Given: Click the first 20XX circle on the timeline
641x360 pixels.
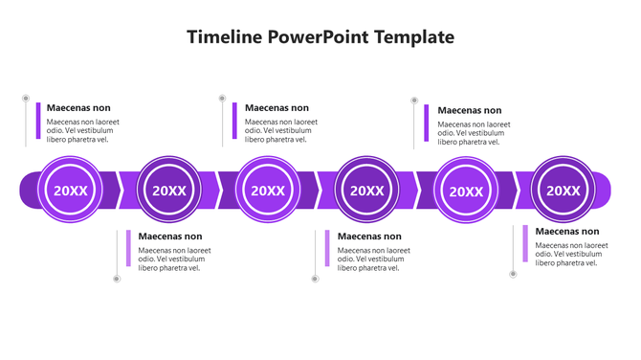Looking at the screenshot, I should click(70, 190).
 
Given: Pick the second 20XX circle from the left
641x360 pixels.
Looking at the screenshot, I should click(169, 190).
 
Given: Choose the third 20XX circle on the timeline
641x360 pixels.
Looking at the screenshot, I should click(268, 190).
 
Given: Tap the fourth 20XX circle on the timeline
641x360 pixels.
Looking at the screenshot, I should click(366, 190).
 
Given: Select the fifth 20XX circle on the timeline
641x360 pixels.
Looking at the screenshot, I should click(466, 190).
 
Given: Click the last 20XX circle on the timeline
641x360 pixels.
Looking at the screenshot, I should click(563, 190).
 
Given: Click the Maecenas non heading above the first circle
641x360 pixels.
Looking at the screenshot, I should click(78, 108).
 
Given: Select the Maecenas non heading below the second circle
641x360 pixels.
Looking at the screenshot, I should click(170, 236).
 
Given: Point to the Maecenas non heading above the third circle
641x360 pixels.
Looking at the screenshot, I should click(276, 108).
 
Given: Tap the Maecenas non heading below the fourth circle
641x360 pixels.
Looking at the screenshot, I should click(369, 236).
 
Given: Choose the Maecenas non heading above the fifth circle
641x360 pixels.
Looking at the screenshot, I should click(469, 110).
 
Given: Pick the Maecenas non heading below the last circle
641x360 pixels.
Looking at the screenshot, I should click(567, 232).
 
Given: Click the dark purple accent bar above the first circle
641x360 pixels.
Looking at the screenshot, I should click(38, 121).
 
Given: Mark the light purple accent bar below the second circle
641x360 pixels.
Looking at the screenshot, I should click(128, 248).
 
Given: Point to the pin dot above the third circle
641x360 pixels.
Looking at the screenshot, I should click(222, 98).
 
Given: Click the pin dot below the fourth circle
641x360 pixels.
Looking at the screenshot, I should click(314, 279).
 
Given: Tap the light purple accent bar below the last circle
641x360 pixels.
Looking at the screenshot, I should click(524, 243).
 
